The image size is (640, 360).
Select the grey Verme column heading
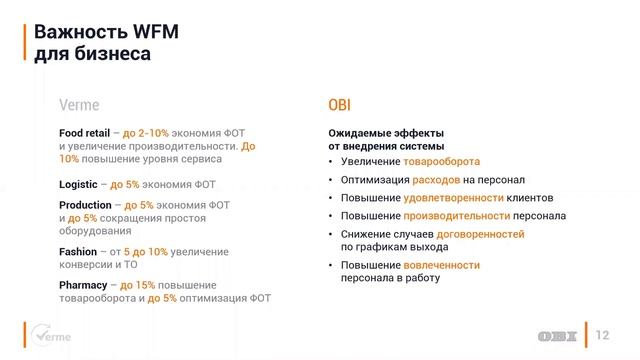click(x=79, y=104)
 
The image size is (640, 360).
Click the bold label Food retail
click(x=84, y=132)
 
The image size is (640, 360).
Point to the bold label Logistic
click(x=78, y=184)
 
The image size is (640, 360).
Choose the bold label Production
click(x=85, y=204)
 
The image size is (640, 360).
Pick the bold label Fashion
click(x=78, y=251)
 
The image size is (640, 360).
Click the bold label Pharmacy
click(x=83, y=285)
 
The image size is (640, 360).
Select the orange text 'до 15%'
click(x=138, y=285)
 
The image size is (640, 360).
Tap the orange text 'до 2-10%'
click(x=147, y=132)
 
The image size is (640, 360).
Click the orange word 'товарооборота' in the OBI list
click(x=441, y=162)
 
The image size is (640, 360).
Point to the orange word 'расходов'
click(x=435, y=180)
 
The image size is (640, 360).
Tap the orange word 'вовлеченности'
click(x=442, y=265)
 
